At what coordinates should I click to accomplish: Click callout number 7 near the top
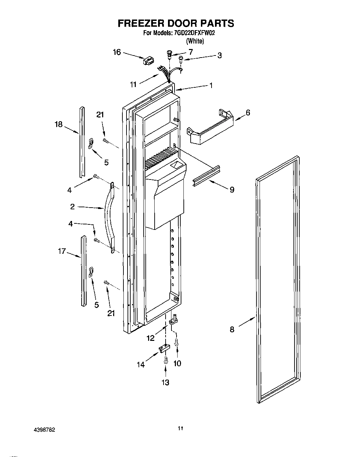(191, 52)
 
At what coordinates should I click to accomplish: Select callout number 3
(219, 55)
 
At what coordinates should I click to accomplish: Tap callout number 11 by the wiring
(133, 84)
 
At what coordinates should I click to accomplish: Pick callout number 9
(232, 189)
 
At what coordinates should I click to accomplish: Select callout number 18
(59, 124)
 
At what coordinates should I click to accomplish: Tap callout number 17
(61, 251)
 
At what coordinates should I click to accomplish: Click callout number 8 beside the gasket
(232, 330)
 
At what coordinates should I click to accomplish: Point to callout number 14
(141, 365)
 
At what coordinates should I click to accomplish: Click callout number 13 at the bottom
(165, 382)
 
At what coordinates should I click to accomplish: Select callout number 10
(177, 363)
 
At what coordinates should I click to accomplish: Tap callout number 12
(150, 338)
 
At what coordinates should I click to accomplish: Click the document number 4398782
(44, 429)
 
